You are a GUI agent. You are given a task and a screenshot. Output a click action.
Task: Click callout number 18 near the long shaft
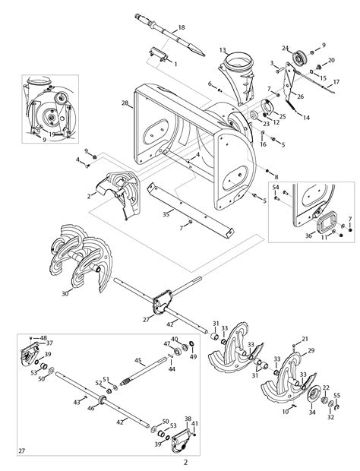click(x=181, y=27)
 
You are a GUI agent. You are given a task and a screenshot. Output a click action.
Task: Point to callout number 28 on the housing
click(x=125, y=102)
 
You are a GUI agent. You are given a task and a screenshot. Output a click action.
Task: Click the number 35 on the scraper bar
click(x=166, y=215)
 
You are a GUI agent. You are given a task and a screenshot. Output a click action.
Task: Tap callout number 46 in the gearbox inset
click(x=91, y=409)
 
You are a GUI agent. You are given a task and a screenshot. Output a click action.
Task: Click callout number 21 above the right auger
click(x=306, y=338)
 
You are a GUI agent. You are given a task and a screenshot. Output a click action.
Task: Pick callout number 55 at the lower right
click(x=337, y=395)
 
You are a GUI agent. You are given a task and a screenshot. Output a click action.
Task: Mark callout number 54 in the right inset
click(x=276, y=187)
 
